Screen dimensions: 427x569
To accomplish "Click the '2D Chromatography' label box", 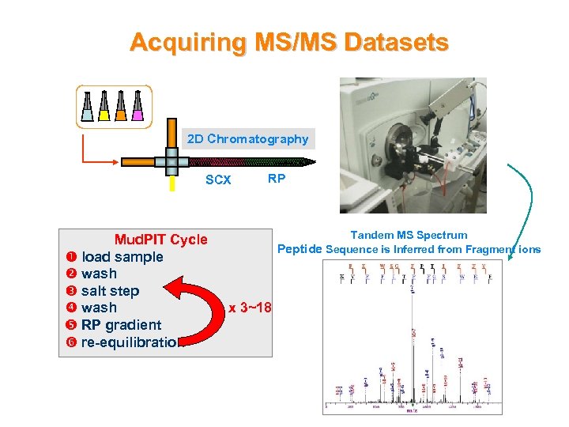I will pos(247,139).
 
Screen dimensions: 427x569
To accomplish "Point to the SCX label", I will pos(218,179).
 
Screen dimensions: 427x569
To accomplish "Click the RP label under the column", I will pos(277,178).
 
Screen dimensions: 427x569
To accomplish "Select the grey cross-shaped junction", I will pos(172,161).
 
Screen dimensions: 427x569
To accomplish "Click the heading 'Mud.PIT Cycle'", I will pos(161,240).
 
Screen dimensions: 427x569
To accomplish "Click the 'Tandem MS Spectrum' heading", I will pos(409,235).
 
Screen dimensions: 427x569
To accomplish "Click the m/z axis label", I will pos(412,410).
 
